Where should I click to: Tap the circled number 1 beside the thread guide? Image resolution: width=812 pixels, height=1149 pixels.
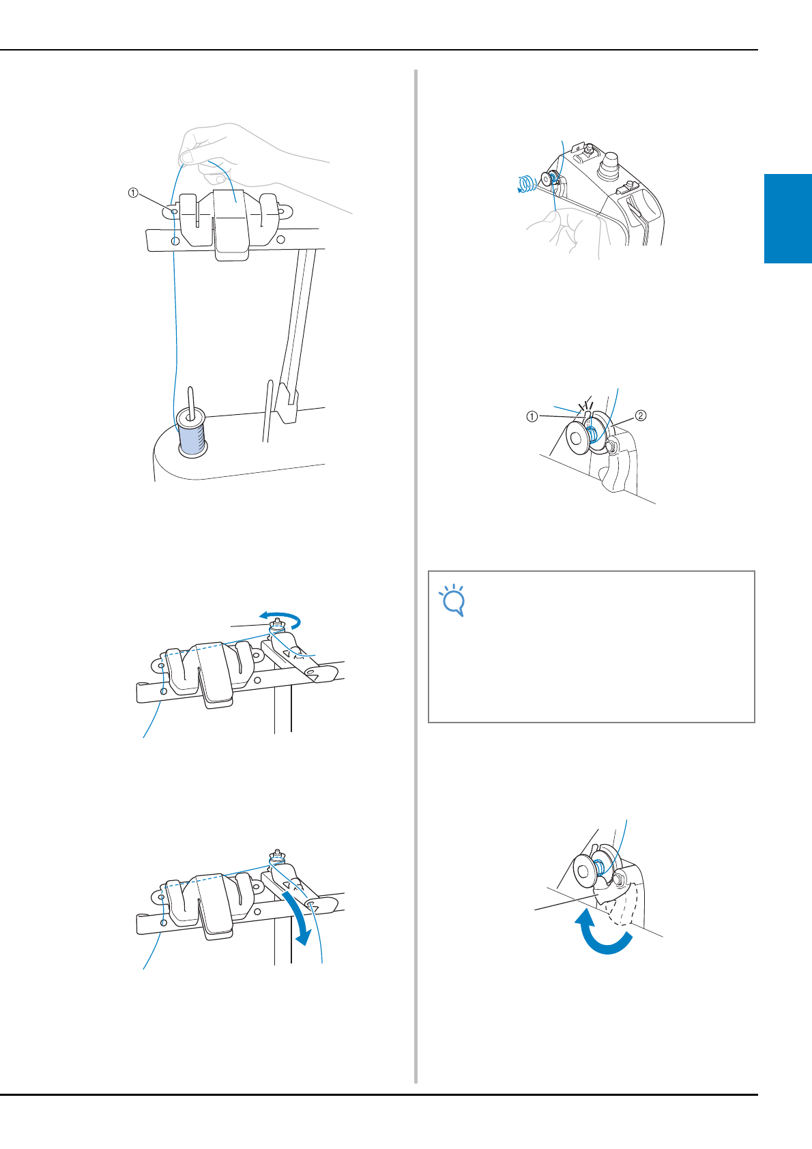tap(133, 193)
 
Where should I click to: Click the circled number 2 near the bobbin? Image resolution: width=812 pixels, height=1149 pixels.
tap(641, 416)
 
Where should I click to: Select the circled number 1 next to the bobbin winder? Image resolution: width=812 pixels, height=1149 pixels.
tap(532, 416)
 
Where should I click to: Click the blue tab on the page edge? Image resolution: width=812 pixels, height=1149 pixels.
tap(788, 218)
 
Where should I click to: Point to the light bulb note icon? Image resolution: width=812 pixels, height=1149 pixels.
tap(452, 600)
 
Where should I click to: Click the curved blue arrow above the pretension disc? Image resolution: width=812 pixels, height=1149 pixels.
tap(280, 618)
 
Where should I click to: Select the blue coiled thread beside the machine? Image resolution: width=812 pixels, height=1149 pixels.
tap(526, 183)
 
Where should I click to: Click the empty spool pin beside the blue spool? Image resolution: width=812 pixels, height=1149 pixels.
tap(267, 410)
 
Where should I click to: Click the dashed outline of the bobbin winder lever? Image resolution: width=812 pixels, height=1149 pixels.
tap(621, 905)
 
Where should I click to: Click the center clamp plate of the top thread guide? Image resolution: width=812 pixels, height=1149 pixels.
tap(231, 224)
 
